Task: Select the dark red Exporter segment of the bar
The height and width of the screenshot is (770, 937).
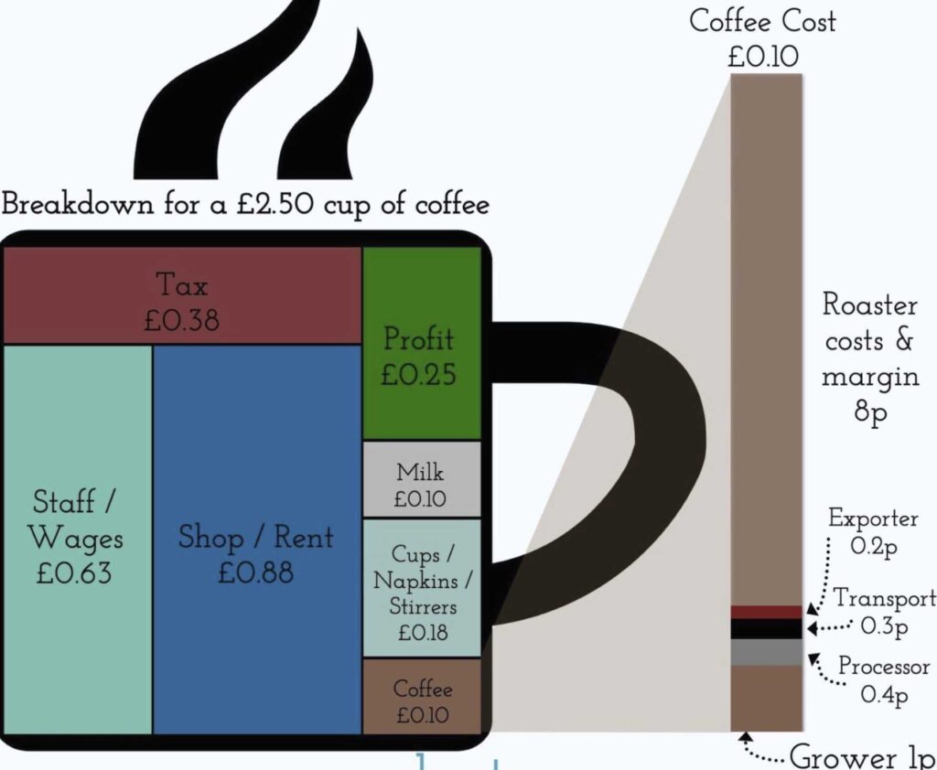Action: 767,612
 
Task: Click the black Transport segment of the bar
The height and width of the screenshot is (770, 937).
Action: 767,628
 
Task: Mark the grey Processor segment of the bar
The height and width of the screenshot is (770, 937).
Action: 767,651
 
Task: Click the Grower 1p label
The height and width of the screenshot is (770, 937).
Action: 860,757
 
